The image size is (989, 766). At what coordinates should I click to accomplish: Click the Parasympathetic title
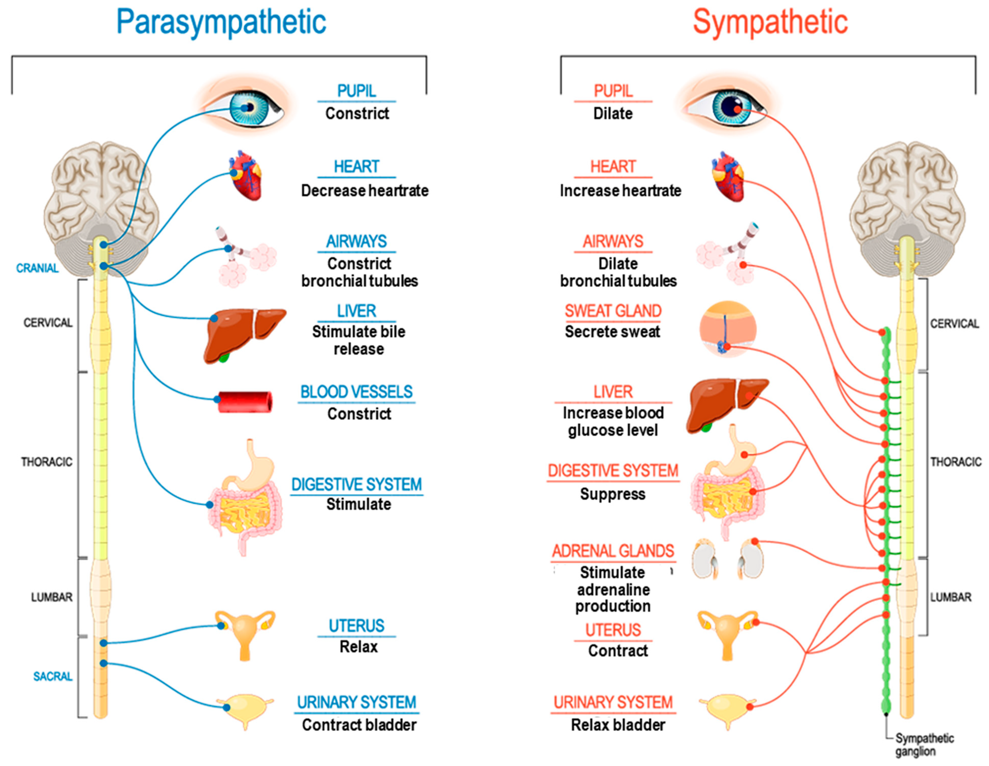(221, 23)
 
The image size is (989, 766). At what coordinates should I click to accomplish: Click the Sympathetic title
(770, 23)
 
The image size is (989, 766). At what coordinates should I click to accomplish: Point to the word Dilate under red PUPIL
(613, 113)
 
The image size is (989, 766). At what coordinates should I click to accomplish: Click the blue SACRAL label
(53, 676)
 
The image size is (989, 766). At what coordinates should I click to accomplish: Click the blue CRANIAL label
(37, 268)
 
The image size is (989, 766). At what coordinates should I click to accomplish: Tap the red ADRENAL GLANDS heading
(613, 551)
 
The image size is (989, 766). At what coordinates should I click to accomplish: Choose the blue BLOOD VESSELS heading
(356, 392)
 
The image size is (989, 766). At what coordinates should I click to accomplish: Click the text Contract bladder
(359, 725)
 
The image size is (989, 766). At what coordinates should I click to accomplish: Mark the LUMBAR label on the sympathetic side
(950, 597)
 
